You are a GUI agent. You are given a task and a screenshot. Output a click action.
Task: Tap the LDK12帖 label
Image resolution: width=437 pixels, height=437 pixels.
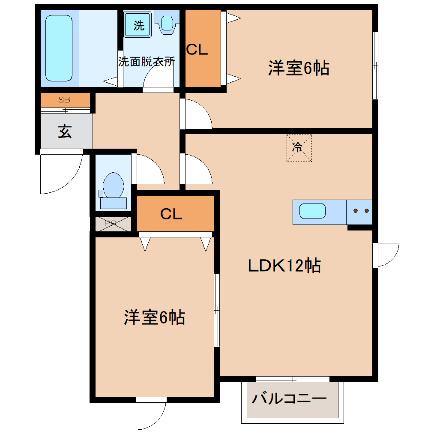click(x=284, y=266)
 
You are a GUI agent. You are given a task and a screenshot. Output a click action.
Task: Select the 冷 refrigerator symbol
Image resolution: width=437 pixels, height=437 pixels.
click(x=299, y=148)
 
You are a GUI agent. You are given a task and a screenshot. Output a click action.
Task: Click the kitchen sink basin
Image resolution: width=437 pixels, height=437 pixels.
click(x=312, y=211)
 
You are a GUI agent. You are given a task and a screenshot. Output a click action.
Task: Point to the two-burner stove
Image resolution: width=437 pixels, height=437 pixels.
click(x=360, y=211)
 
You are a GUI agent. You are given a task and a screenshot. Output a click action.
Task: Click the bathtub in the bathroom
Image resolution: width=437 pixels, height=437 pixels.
click(x=59, y=48)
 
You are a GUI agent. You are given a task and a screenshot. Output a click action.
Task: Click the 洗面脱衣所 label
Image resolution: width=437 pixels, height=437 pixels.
click(x=147, y=61)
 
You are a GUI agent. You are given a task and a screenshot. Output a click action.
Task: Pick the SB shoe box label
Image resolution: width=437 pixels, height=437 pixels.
click(x=65, y=100)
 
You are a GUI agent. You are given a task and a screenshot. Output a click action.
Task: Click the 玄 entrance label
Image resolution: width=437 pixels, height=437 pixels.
click(x=65, y=132)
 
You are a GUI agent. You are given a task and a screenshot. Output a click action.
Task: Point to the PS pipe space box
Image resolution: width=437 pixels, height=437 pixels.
click(x=111, y=224)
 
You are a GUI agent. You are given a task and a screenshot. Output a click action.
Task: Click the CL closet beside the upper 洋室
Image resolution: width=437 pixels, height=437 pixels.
click(x=202, y=49)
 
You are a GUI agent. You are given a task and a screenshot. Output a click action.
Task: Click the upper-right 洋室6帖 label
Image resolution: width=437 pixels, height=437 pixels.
click(x=299, y=69)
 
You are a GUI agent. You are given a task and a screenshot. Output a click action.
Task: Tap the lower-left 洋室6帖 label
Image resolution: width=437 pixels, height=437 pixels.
click(x=154, y=317)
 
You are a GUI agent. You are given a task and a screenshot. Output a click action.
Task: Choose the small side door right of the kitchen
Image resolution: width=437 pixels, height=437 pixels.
click(x=387, y=255)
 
